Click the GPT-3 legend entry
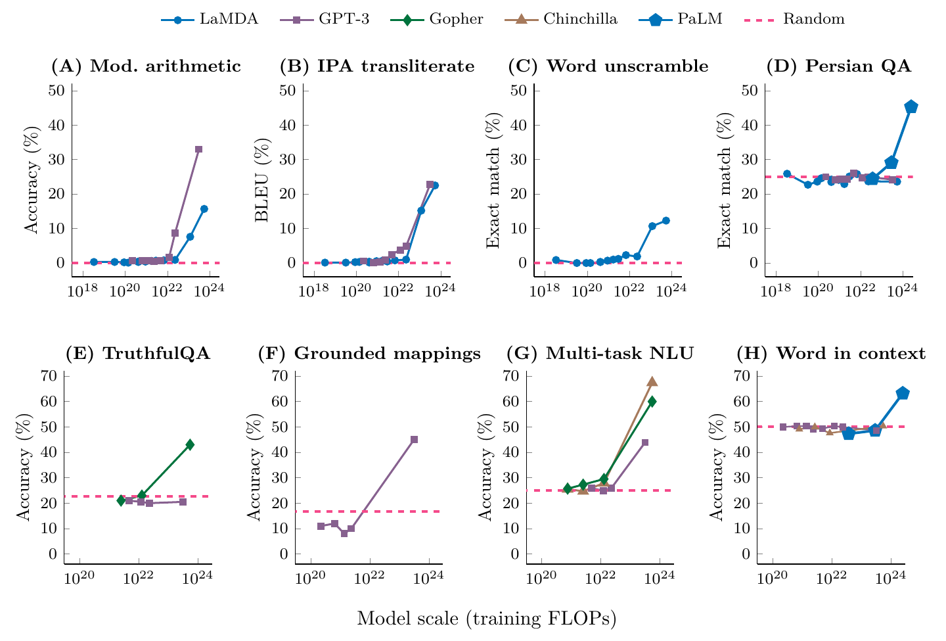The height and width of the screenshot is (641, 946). tap(325, 20)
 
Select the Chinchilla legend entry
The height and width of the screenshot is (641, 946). tap(561, 20)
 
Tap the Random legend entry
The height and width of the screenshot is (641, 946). tap(794, 20)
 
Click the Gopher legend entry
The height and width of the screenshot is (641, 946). tap(437, 20)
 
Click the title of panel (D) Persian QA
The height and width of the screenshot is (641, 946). tap(839, 66)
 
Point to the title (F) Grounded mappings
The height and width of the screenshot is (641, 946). tap(369, 354)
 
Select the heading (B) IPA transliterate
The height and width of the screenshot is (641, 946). tap(377, 66)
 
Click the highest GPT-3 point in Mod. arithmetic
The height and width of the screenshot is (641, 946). tap(198, 149)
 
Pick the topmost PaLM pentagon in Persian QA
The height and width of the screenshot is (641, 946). tap(911, 107)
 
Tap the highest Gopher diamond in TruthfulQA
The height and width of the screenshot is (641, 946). tap(190, 444)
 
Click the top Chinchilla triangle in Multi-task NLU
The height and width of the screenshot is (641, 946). tap(652, 381)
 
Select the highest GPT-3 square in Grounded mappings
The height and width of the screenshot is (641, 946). tap(415, 439)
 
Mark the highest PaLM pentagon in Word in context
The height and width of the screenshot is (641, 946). tap(903, 393)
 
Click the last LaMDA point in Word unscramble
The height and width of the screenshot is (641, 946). tap(666, 220)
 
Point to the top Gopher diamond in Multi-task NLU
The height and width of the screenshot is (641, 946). tap(652, 402)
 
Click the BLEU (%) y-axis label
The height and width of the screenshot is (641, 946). tap(262, 180)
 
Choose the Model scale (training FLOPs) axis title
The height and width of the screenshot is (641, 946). tap(487, 619)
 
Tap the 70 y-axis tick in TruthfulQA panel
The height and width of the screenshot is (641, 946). tap(49, 375)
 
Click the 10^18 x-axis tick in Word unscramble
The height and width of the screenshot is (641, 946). tap(545, 291)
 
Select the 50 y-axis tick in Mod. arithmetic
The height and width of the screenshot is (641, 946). tap(56, 91)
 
